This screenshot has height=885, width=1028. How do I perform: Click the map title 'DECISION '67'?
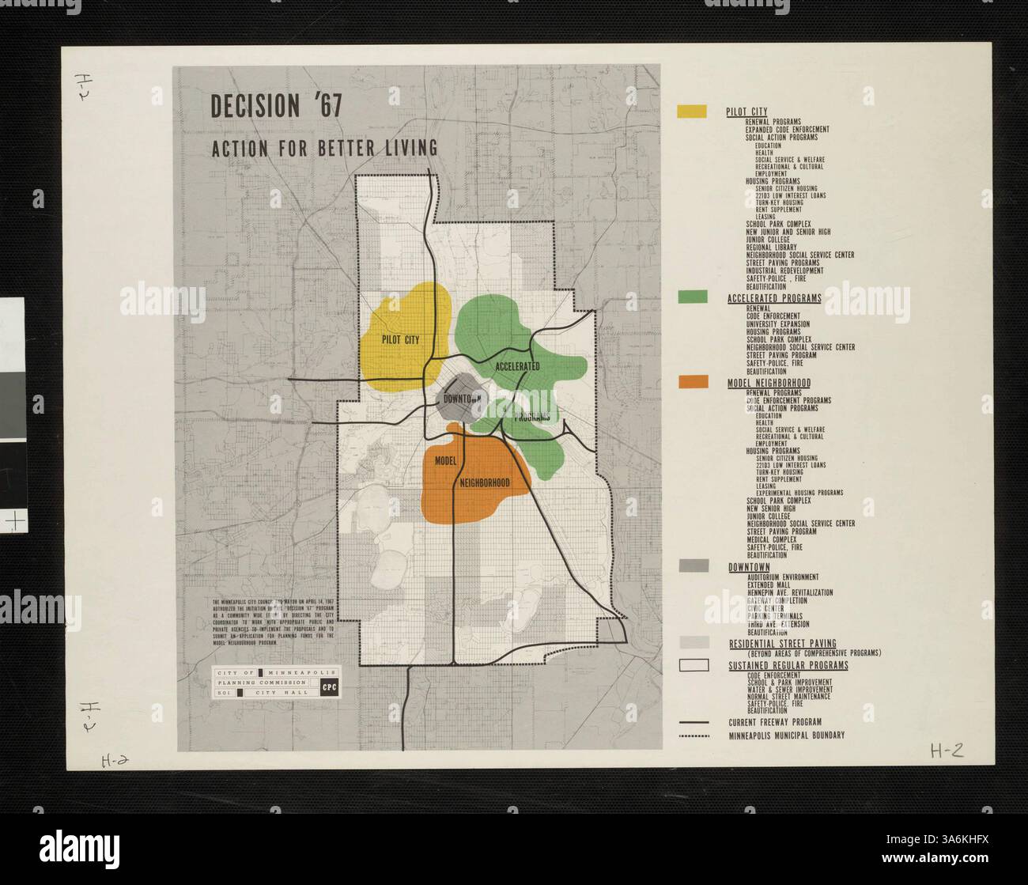click(276, 106)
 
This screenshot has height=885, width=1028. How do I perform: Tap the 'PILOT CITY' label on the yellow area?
click(399, 339)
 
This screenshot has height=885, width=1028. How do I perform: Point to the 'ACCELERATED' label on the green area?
click(518, 366)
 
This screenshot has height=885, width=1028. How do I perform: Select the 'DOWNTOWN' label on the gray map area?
click(462, 399)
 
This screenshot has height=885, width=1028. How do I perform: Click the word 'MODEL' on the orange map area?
click(447, 460)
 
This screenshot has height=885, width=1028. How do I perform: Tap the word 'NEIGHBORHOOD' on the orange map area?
click(483, 482)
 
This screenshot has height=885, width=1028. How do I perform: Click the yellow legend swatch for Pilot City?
click(691, 112)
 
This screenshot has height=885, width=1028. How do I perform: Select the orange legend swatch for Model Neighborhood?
click(691, 382)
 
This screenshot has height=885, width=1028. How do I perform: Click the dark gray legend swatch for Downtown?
click(691, 566)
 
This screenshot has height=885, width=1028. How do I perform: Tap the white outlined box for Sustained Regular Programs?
click(691, 665)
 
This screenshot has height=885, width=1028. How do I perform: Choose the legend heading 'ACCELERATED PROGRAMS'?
click(773, 298)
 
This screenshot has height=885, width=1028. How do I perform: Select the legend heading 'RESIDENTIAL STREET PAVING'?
click(781, 644)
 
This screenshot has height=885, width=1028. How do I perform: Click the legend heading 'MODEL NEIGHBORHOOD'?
click(769, 383)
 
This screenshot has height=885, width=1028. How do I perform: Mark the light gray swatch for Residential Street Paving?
click(691, 642)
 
